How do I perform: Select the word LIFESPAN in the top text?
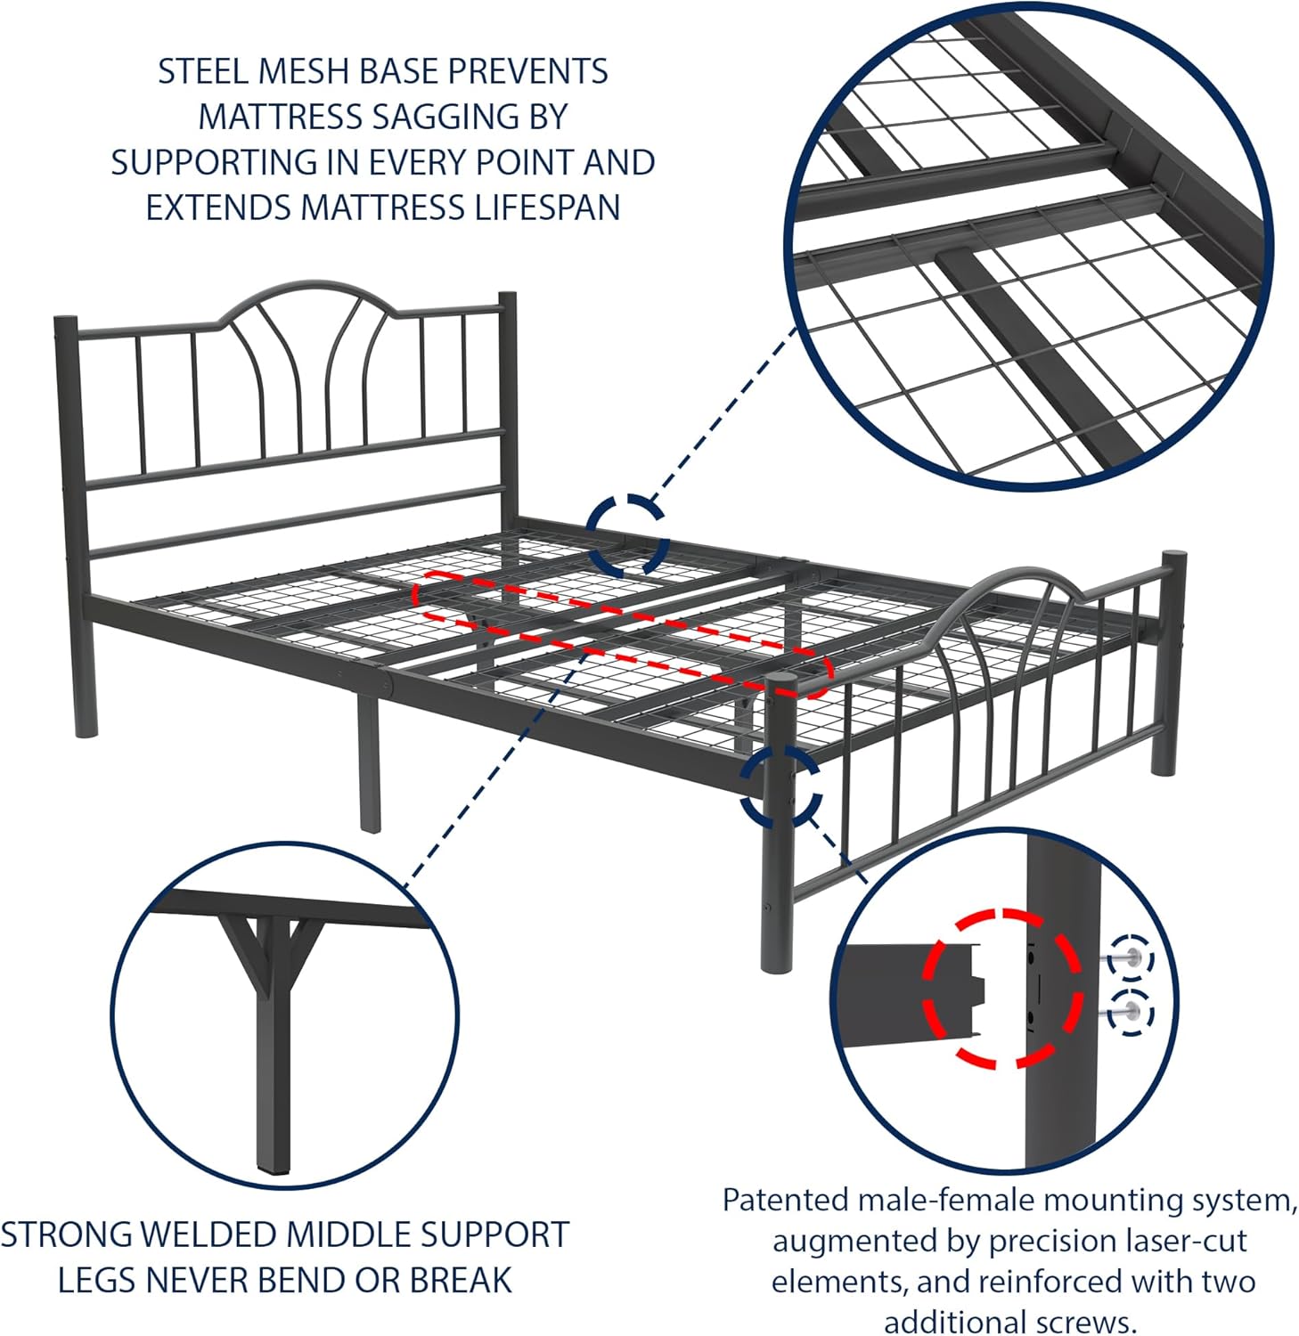pos(546,208)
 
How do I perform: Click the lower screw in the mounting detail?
pos(1130,1013)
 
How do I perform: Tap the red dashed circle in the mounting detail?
pos(1002,988)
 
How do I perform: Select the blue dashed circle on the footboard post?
pos(780,784)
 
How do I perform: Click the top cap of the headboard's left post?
pos(64,319)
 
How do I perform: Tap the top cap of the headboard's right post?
pos(507,296)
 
